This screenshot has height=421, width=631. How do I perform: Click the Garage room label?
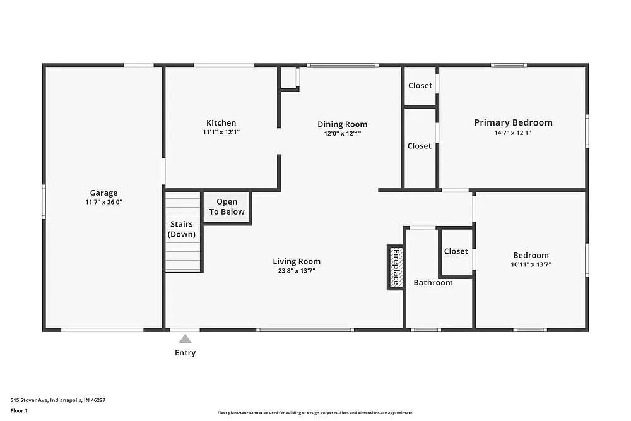point(103,193)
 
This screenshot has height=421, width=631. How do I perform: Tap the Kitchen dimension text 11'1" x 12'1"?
point(221,133)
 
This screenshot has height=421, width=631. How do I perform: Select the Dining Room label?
point(342,124)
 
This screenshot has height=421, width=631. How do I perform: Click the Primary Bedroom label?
point(513,122)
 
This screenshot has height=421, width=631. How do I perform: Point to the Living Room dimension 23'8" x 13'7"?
point(296,271)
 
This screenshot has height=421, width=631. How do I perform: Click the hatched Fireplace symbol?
point(395,267)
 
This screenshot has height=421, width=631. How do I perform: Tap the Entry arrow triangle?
point(185,339)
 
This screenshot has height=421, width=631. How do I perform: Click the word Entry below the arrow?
point(185,353)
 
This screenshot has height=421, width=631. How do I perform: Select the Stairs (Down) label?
point(181,229)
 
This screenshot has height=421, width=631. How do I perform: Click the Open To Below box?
point(227,207)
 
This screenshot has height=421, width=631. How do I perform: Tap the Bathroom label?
point(433,282)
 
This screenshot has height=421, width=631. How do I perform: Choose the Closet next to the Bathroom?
point(456,251)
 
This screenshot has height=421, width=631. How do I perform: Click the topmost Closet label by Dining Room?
point(420,86)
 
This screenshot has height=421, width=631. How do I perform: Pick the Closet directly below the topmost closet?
point(419,146)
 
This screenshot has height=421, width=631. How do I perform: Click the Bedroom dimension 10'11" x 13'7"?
point(530,265)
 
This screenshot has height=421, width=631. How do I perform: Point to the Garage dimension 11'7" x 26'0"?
point(103,203)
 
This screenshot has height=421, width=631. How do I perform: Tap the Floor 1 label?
point(19,410)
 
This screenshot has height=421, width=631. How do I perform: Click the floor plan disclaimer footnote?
point(315,412)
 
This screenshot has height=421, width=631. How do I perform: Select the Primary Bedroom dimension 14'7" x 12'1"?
point(513,133)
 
